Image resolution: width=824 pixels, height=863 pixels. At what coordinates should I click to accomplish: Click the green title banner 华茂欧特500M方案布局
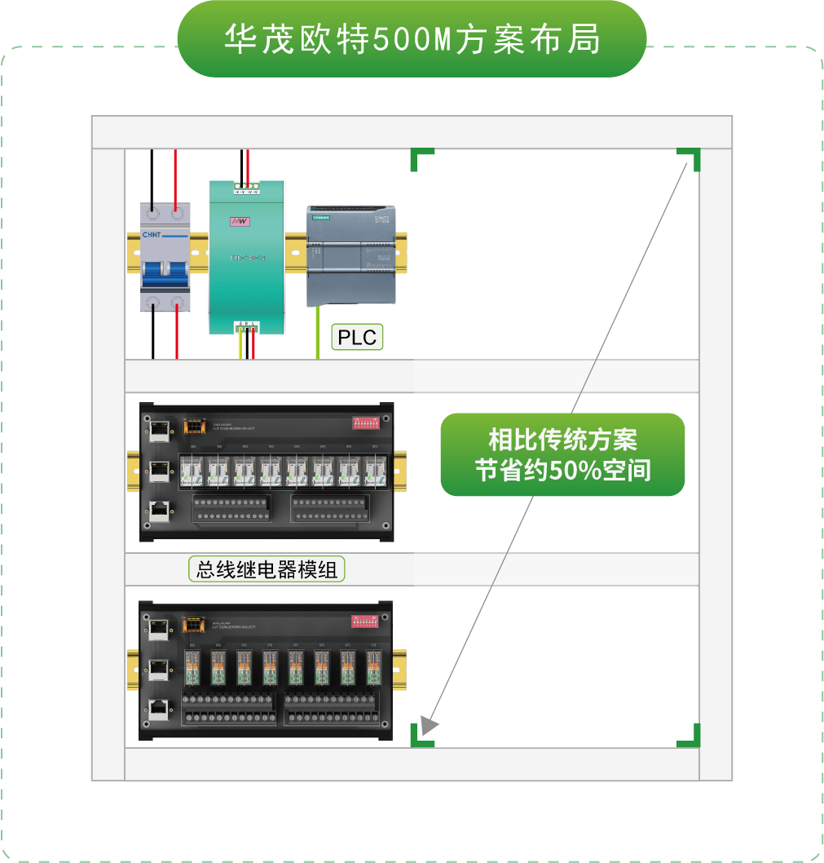(x=412, y=39)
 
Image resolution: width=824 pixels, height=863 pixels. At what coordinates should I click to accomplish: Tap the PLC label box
(x=357, y=337)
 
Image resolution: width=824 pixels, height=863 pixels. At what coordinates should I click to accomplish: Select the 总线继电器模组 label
(x=267, y=569)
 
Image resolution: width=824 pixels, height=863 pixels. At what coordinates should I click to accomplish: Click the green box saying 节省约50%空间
(x=562, y=454)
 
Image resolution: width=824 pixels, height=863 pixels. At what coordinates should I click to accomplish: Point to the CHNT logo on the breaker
(x=154, y=235)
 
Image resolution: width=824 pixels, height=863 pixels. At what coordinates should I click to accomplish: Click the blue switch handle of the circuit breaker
(x=164, y=269)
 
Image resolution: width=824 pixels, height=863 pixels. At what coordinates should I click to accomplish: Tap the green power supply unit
(x=246, y=257)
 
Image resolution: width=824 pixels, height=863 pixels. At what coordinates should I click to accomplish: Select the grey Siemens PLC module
(x=351, y=254)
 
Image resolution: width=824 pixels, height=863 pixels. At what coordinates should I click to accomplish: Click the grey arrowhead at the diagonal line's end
(x=430, y=724)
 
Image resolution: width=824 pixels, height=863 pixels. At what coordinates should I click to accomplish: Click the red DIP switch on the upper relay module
(x=367, y=423)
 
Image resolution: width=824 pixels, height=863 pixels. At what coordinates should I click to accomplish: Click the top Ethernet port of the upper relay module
(x=159, y=427)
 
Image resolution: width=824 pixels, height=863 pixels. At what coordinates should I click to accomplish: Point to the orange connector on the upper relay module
(x=193, y=425)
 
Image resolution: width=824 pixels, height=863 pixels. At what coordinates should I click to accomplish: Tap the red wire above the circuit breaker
(x=177, y=175)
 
